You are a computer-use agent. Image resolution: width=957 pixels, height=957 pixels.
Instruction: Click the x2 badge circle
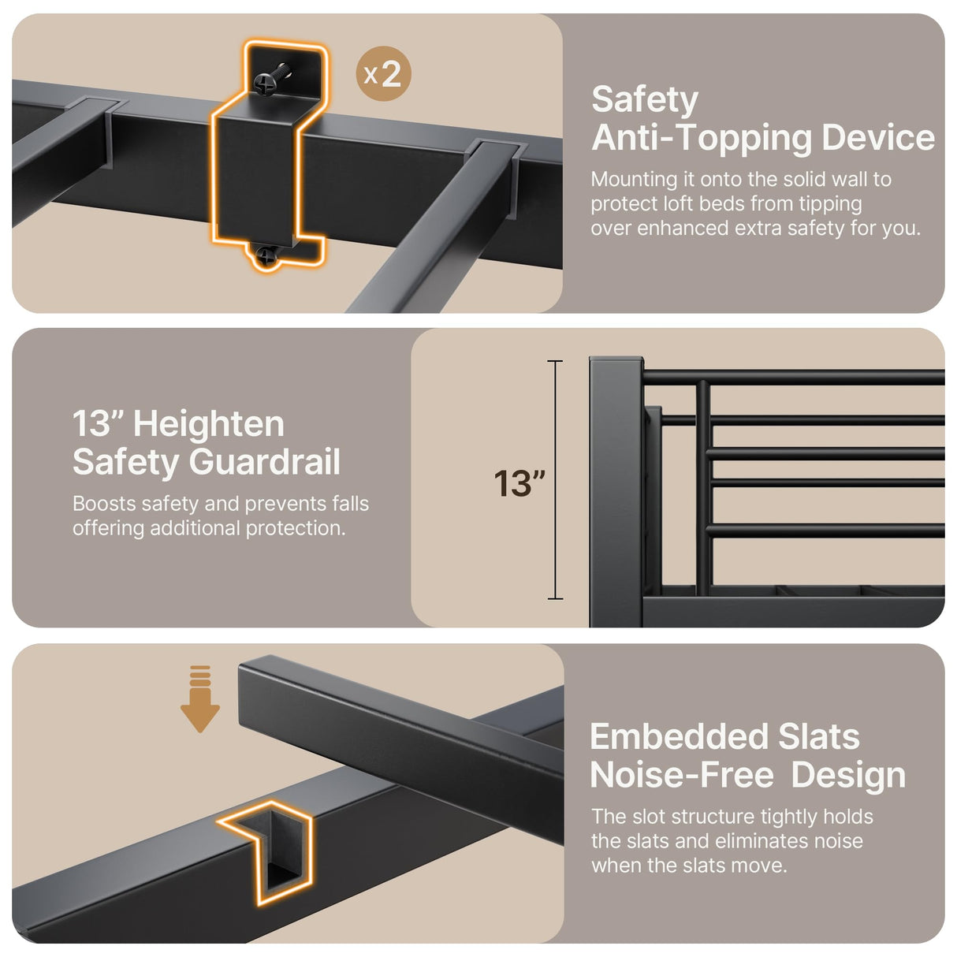(383, 74)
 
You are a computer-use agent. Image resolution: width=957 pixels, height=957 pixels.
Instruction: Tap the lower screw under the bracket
(267, 255)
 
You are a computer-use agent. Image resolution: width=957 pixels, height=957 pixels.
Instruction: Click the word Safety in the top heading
(644, 100)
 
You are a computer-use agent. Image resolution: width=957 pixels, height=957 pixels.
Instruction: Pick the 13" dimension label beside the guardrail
(519, 483)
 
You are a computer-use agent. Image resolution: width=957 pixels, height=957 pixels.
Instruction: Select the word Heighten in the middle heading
(209, 424)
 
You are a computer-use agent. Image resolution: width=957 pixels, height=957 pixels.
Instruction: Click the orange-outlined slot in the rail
(272, 851)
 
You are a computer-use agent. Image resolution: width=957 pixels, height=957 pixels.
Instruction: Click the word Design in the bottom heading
(848, 775)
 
